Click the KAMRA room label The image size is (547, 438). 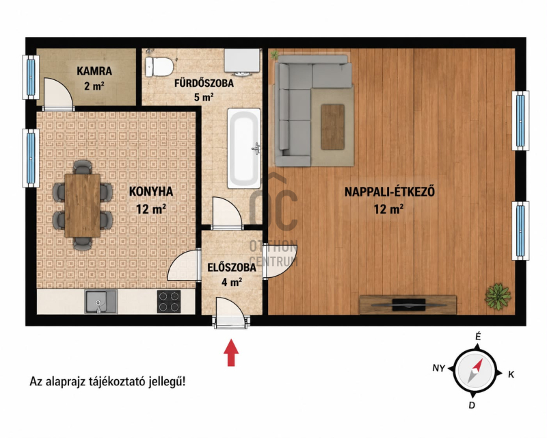[x=94, y=71]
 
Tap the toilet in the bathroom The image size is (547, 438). [x=159, y=66]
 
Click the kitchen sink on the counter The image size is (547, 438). [x=101, y=302]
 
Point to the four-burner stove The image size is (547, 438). [x=169, y=301]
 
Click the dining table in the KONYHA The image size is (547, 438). [x=82, y=205]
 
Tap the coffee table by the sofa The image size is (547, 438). [x=333, y=127]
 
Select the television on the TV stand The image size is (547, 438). [x=408, y=305]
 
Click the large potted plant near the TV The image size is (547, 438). [x=498, y=296]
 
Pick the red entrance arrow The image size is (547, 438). [x=231, y=352]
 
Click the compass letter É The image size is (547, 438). [x=478, y=337]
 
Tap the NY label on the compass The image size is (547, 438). [x=438, y=368]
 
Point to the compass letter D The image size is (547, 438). [x=472, y=405]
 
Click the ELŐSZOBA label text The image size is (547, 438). [x=232, y=268]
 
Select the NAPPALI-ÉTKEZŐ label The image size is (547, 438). [x=390, y=192]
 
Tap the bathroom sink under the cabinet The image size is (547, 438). [x=241, y=73]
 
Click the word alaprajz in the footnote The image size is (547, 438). [x=67, y=382]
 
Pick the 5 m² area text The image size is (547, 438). [x=204, y=97]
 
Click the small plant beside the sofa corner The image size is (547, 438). [x=275, y=55]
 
